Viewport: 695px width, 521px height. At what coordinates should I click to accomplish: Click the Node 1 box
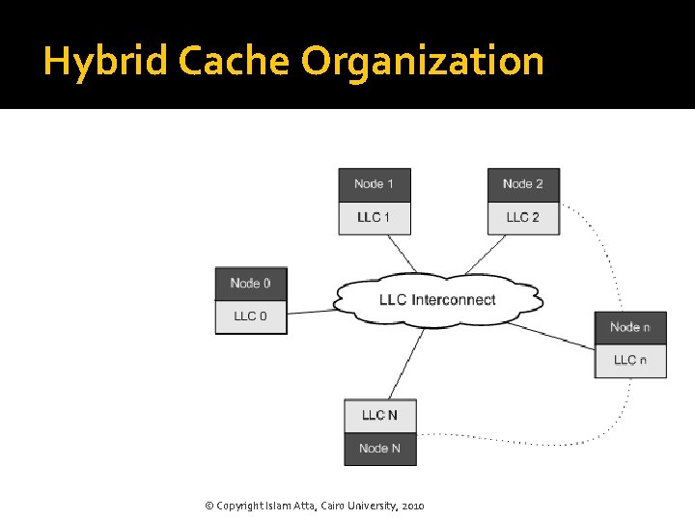coord(374,184)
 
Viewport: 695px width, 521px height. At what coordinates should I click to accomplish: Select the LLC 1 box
coord(374,217)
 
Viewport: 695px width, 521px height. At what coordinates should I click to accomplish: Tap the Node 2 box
coord(523,184)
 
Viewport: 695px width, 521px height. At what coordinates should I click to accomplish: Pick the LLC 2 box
coord(523,217)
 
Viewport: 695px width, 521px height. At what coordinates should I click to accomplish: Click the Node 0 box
coord(251,284)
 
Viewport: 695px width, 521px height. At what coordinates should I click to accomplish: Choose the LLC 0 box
coord(251,316)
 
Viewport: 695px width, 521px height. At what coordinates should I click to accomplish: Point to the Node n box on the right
coord(629,327)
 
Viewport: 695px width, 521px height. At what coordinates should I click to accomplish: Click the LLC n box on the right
coord(629,360)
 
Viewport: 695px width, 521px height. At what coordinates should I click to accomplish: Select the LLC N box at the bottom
coord(379,416)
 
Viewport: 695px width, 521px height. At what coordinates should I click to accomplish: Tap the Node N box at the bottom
coord(379,449)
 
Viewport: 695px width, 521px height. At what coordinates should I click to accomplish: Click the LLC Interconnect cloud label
coord(437,300)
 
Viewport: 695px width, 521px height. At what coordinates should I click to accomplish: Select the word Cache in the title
coord(233,62)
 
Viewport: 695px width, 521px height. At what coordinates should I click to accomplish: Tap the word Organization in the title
coord(422,62)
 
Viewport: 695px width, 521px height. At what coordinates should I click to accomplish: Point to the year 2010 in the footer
coord(411,506)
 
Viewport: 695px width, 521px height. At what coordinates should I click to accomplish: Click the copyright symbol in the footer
coord(210,506)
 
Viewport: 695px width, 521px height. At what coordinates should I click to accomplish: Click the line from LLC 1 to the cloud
coord(403,254)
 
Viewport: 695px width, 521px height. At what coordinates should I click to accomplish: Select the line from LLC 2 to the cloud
coord(485,255)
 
